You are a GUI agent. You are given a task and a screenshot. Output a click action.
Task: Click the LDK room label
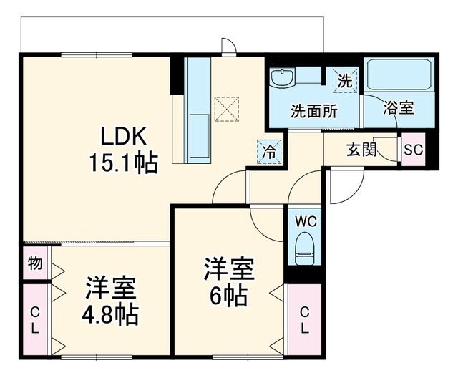pyautogui.click(x=123, y=137)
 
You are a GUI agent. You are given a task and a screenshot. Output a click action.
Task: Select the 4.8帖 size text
pyautogui.click(x=109, y=315)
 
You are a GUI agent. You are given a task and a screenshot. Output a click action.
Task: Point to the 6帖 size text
pyautogui.click(x=228, y=296)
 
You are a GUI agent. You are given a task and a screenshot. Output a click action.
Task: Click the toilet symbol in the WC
pyautogui.click(x=304, y=248)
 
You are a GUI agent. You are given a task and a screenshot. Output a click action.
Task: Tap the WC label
pyautogui.click(x=306, y=222)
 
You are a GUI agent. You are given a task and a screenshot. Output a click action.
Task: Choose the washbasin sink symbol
pyautogui.click(x=282, y=77)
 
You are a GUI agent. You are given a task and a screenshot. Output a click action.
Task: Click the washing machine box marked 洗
pyautogui.click(x=345, y=80)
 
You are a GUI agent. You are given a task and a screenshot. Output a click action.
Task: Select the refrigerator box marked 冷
pyautogui.click(x=269, y=152)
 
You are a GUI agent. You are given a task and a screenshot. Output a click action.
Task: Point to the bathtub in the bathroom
pyautogui.click(x=399, y=74)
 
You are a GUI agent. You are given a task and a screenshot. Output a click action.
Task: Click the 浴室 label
pyautogui.click(x=399, y=108)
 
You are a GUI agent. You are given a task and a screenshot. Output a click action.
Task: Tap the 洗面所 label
pyautogui.click(x=314, y=111)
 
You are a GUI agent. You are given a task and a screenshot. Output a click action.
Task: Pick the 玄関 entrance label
pyautogui.click(x=361, y=150)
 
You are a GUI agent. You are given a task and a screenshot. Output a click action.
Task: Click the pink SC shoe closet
pyautogui.click(x=414, y=150)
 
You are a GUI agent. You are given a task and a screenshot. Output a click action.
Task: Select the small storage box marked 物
pyautogui.click(x=35, y=263)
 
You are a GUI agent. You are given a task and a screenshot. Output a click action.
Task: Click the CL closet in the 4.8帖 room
pyautogui.click(x=35, y=319)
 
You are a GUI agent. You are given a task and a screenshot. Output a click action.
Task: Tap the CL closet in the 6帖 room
pyautogui.click(x=305, y=319)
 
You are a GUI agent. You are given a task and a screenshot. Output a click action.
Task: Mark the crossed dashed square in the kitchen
pyautogui.click(x=227, y=109)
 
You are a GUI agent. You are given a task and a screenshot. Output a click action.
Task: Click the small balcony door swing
pyautogui.click(x=229, y=47)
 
